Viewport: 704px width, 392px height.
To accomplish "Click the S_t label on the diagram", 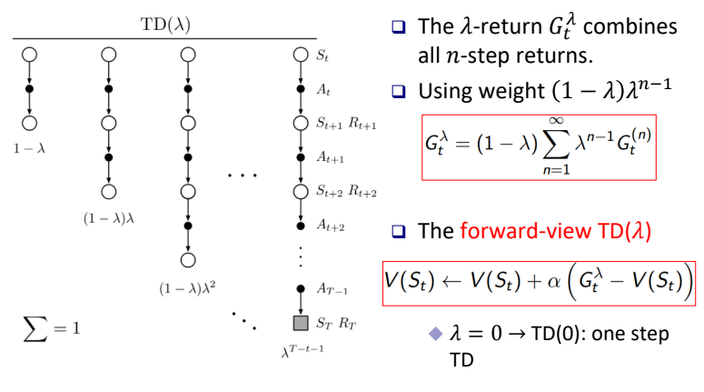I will pos(322,55).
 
